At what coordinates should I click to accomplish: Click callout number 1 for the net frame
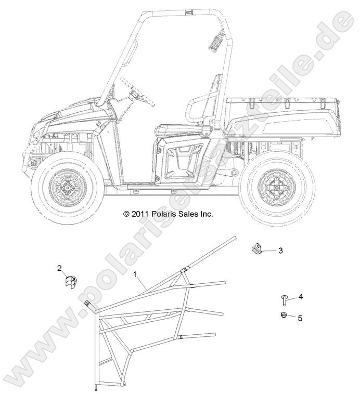point(135,274)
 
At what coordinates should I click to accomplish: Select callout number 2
point(59,268)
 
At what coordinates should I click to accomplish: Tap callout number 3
point(280,251)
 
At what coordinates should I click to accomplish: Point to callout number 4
point(300,297)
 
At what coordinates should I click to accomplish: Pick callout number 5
point(300,318)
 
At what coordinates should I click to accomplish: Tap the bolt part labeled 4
point(284,300)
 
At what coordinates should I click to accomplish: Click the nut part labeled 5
point(284,315)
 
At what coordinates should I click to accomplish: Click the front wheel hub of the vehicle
point(68,188)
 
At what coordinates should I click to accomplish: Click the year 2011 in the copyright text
point(141,214)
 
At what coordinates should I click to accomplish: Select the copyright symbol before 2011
point(126,214)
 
